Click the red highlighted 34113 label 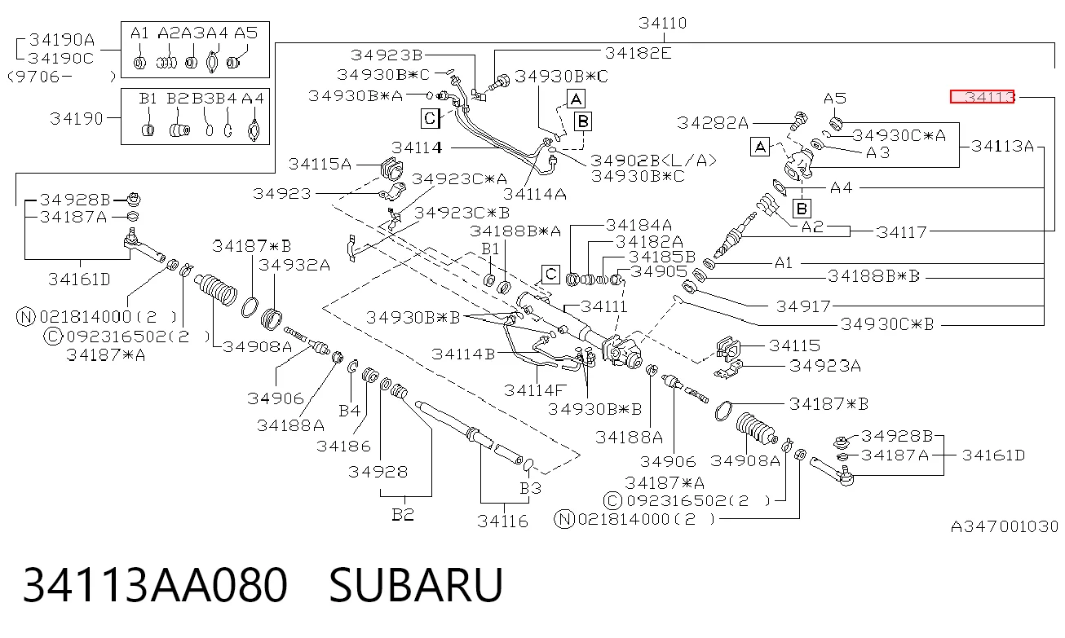(x=982, y=97)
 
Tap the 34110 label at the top (x=662, y=23)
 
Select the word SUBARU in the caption (x=416, y=584)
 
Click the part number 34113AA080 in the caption (x=155, y=584)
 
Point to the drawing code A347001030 (x=1004, y=526)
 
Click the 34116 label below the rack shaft (x=502, y=521)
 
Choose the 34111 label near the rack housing (x=603, y=306)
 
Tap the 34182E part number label (x=638, y=53)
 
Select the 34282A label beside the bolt (x=713, y=123)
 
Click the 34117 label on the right (x=901, y=232)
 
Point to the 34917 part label (x=803, y=306)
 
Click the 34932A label (x=294, y=265)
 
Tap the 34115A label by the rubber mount (x=320, y=164)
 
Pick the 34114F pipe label (x=535, y=390)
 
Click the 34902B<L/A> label (x=653, y=161)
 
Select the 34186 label (x=343, y=446)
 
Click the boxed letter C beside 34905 (x=550, y=274)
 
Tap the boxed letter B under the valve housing (x=802, y=208)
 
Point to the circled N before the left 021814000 (x=26, y=316)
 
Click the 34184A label (x=639, y=224)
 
